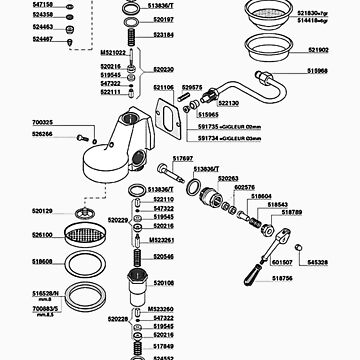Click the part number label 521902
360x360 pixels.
(x=319, y=49)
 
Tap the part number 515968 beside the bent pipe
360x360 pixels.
(x=319, y=72)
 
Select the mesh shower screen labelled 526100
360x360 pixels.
(x=77, y=237)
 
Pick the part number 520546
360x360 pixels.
(x=163, y=256)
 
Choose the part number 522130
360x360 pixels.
(x=228, y=103)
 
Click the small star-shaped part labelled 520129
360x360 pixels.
(x=76, y=212)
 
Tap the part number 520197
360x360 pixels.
(x=163, y=19)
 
